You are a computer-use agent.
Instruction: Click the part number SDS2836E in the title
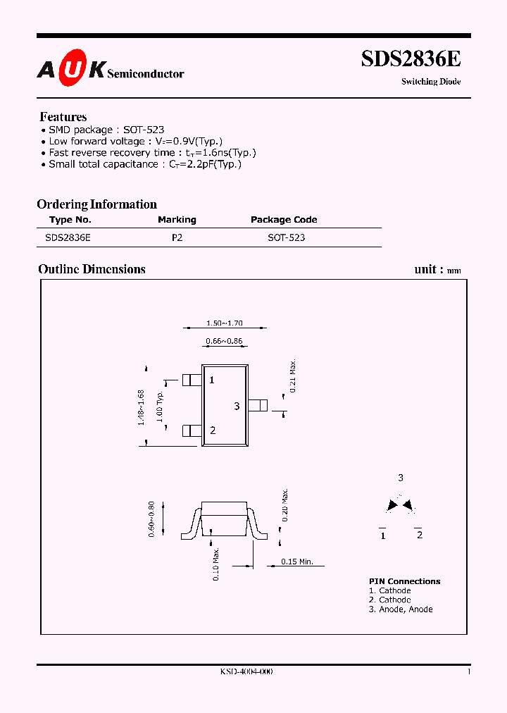(x=411, y=60)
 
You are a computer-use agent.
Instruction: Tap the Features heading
(x=63, y=117)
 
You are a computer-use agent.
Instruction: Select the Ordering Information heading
(x=96, y=204)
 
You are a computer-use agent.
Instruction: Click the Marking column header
(x=177, y=220)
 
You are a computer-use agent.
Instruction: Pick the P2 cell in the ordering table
(x=177, y=238)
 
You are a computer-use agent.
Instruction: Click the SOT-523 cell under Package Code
(x=286, y=238)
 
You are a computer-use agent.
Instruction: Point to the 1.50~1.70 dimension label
(x=224, y=323)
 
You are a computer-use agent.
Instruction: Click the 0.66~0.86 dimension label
(x=224, y=341)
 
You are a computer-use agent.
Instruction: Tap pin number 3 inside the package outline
(x=237, y=406)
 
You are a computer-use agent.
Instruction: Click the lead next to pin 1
(x=191, y=380)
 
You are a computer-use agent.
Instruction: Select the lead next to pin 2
(x=191, y=430)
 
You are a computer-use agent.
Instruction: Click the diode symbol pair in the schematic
(x=400, y=505)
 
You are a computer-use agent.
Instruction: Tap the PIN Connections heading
(x=404, y=581)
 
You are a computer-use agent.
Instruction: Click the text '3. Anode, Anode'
(x=400, y=609)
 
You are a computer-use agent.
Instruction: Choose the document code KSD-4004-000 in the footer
(x=246, y=672)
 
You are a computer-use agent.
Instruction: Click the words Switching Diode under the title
(x=431, y=82)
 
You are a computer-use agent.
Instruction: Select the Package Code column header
(x=284, y=220)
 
